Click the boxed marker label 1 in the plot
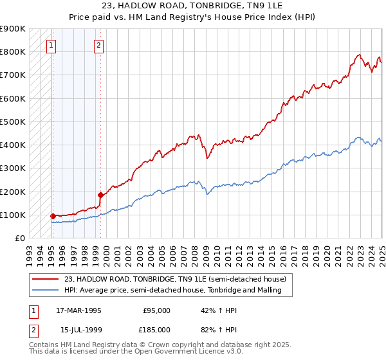click(51, 45)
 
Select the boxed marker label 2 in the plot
click(98, 45)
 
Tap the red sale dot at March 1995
click(53, 216)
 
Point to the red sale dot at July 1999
click(100, 195)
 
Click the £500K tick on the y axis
click(13, 122)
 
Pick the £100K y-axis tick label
click(13, 215)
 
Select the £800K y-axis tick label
click(13, 51)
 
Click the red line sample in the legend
click(46, 279)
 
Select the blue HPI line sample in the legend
click(46, 291)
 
